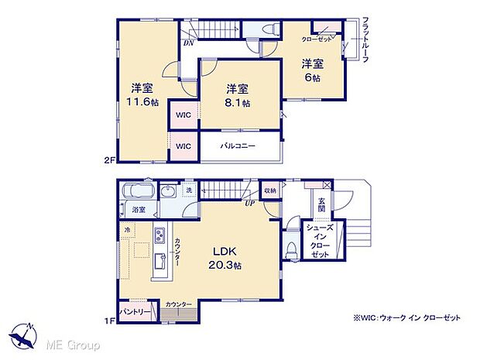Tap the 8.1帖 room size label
[238, 103]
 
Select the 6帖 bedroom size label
[312, 78]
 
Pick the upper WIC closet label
[183, 116]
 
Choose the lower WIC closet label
[183, 146]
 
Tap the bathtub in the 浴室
[138, 191]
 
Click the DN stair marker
[188, 43]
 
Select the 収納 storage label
[269, 190]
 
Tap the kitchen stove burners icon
[159, 235]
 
